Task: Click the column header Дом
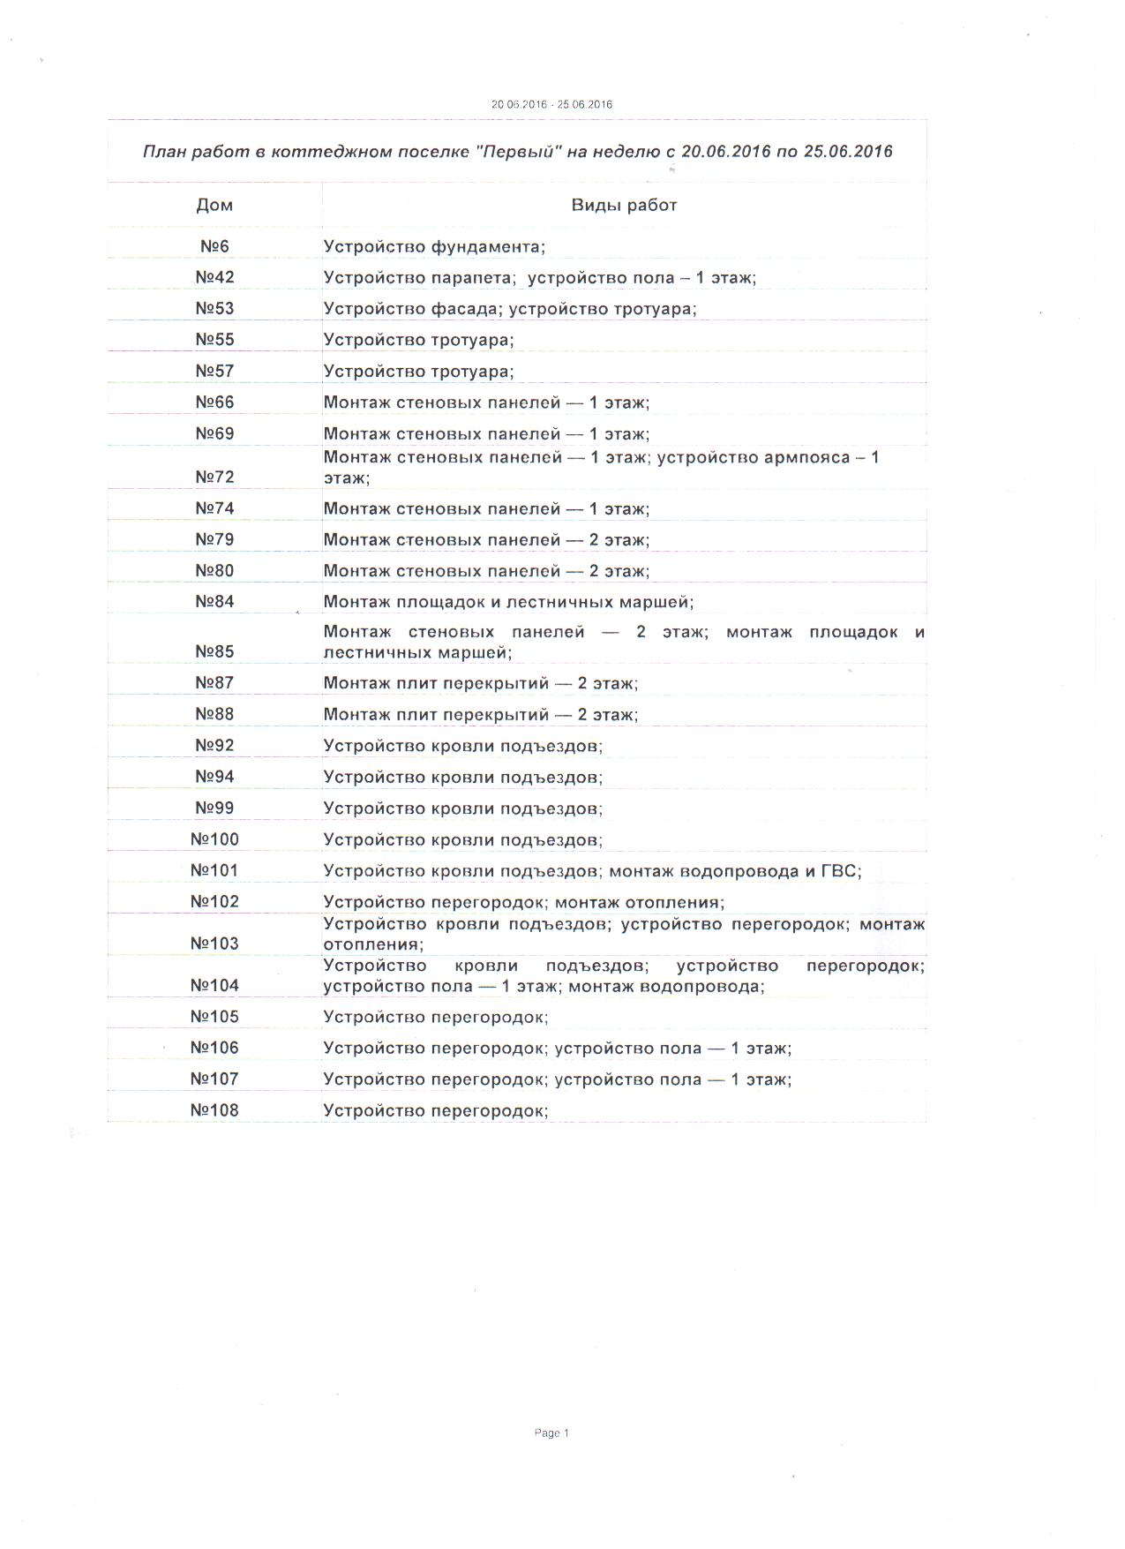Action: [214, 206]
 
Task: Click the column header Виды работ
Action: [623, 206]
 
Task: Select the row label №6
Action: [214, 246]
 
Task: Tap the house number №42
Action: [214, 277]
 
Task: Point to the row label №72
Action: [214, 477]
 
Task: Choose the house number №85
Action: [214, 651]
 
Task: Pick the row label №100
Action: [214, 839]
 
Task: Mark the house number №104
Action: [214, 985]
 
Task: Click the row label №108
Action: [214, 1110]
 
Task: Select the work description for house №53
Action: [510, 309]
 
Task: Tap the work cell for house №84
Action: [508, 602]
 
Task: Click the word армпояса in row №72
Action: [808, 457]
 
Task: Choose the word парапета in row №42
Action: [472, 278]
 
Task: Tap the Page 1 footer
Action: [551, 1433]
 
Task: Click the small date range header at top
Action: [551, 104]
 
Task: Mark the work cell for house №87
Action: [480, 683]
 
